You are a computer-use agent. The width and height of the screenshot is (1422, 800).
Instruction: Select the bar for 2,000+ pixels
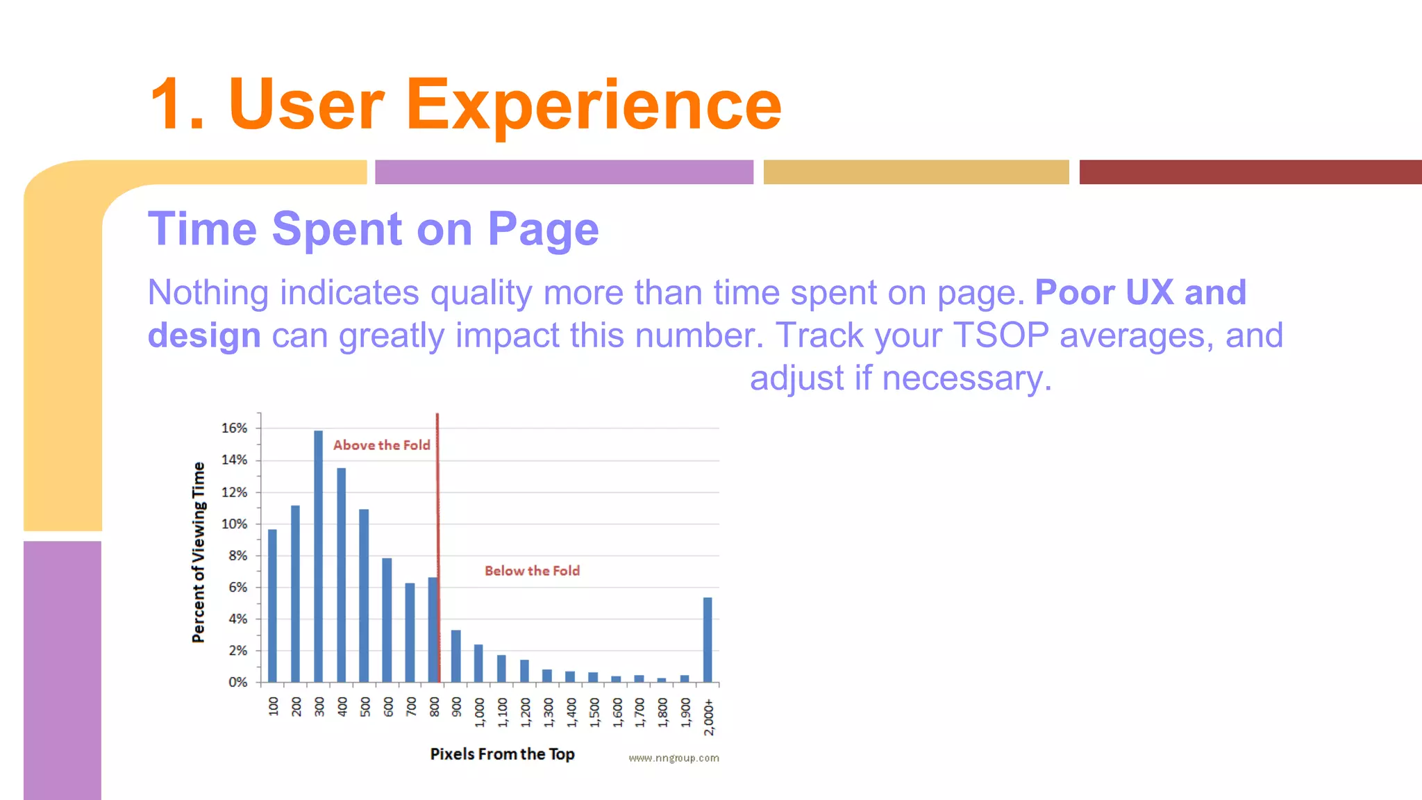point(708,640)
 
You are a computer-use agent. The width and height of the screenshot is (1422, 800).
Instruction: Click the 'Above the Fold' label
point(382,445)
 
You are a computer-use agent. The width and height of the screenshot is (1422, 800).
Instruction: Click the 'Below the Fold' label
point(532,571)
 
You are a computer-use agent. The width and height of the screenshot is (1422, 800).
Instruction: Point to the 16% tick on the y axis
point(234,428)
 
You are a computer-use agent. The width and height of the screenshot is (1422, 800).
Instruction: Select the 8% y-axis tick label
point(237,556)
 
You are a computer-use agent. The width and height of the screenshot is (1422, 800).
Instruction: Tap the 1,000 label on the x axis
point(480,713)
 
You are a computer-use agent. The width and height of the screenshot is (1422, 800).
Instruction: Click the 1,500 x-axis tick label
point(594,713)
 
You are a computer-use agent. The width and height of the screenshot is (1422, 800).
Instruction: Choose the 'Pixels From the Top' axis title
point(502,754)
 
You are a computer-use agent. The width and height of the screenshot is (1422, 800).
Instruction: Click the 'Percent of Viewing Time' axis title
point(199,552)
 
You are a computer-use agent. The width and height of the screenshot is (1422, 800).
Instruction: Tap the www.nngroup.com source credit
point(674,758)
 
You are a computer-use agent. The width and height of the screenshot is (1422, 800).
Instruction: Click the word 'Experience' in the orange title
point(594,105)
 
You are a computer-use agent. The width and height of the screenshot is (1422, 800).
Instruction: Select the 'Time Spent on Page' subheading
point(373,229)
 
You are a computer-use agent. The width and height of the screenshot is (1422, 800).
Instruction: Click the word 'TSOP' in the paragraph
point(1001,335)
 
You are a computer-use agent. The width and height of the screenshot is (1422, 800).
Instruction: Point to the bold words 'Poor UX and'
point(1140,292)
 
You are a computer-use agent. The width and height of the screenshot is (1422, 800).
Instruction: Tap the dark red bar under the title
point(1250,172)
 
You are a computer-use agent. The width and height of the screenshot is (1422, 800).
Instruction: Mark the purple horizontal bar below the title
point(564,172)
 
